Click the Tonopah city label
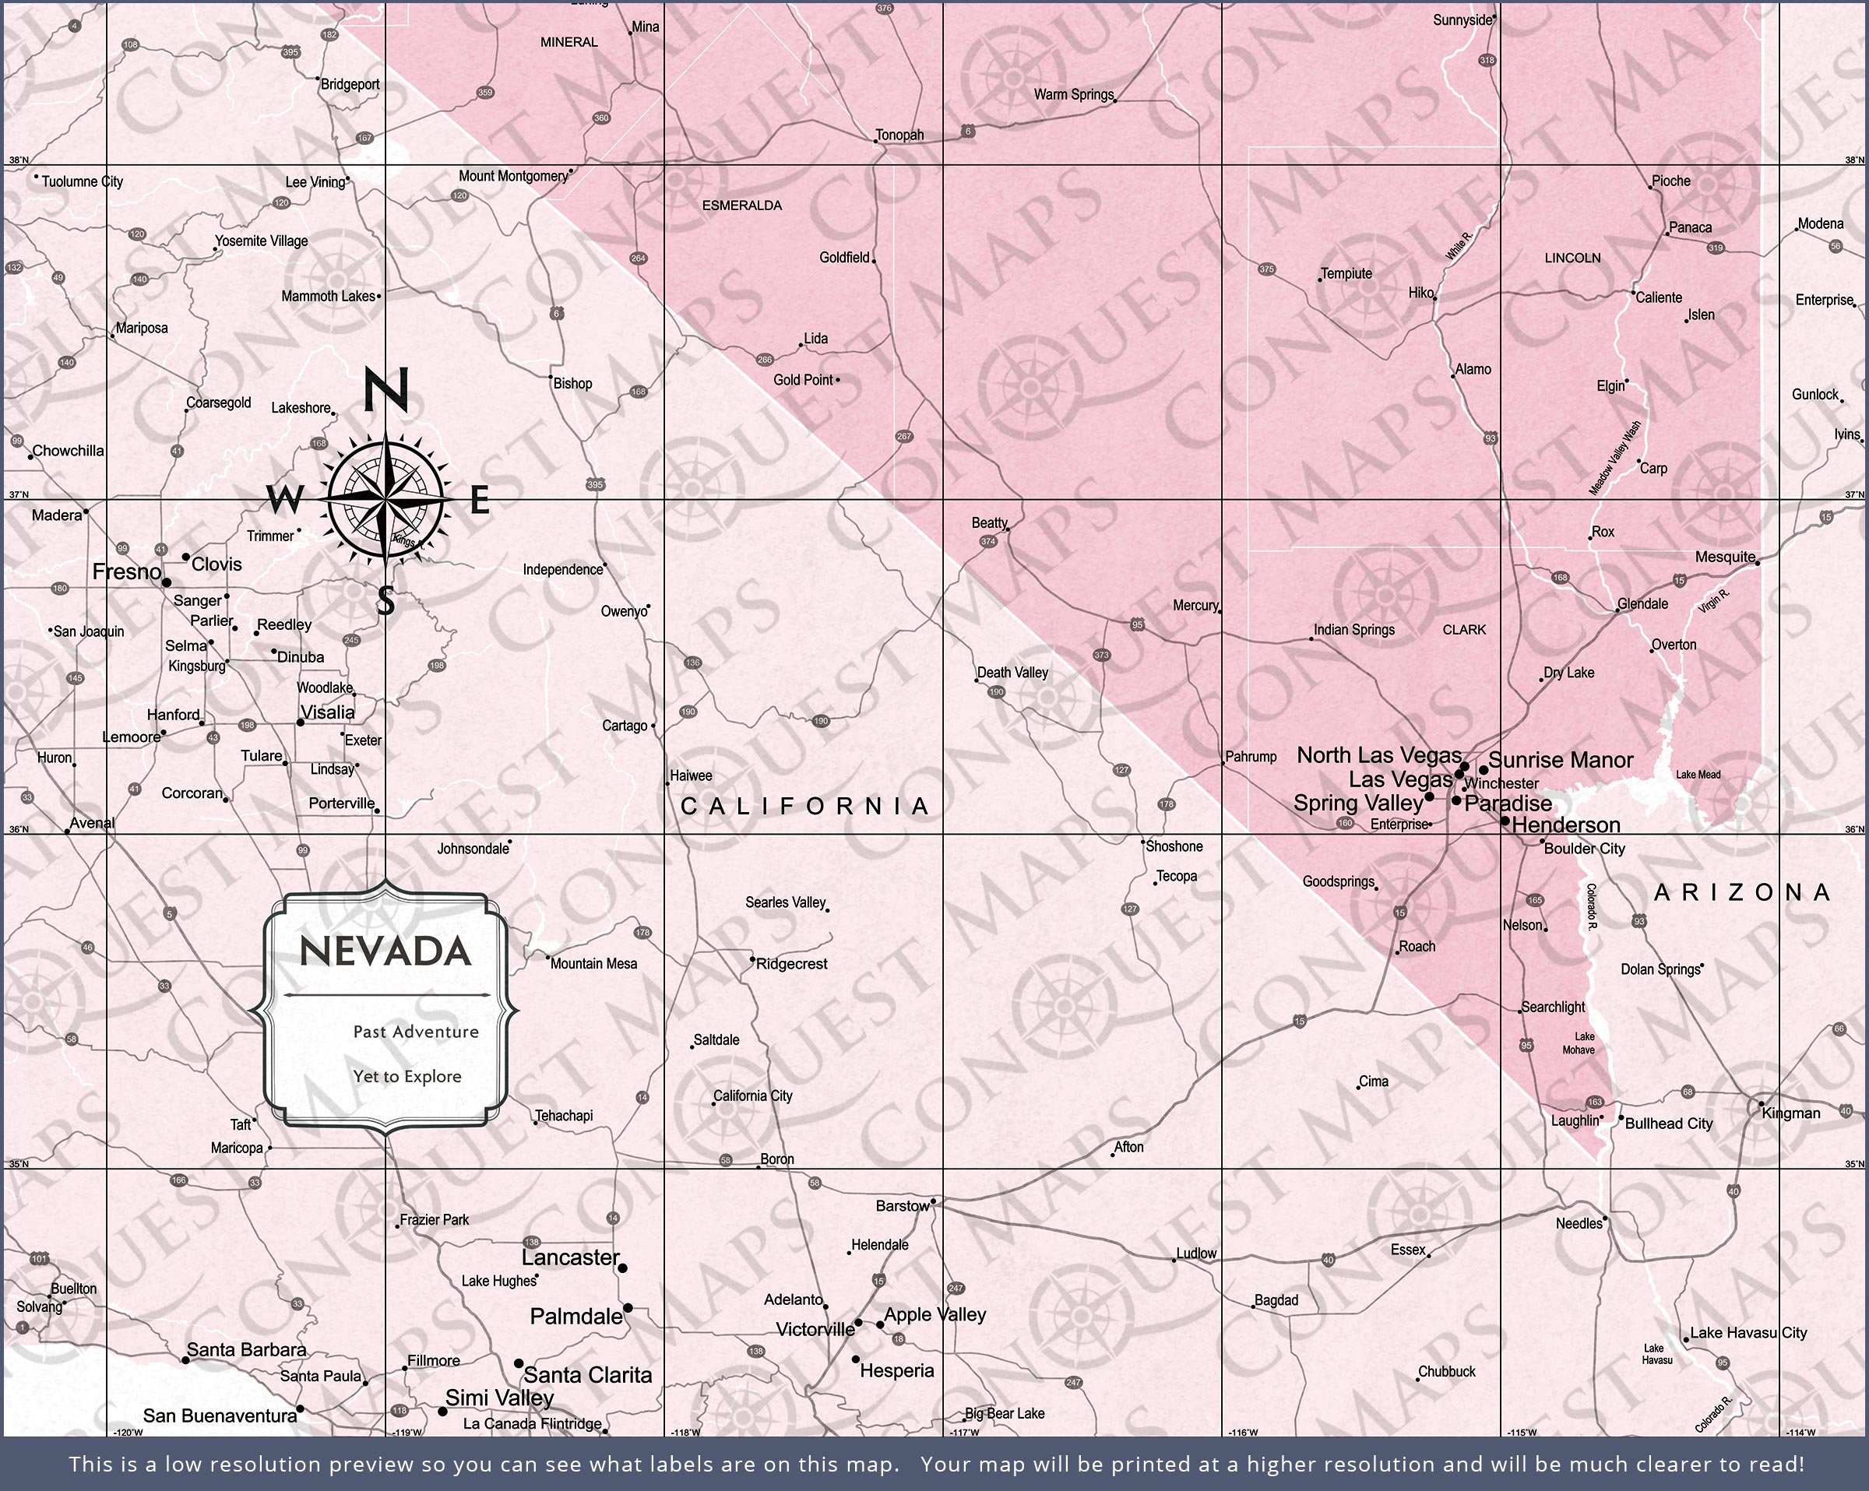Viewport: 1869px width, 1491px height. coord(899,135)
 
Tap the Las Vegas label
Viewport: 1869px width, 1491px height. coord(1399,779)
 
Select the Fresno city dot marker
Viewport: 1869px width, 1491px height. coord(167,582)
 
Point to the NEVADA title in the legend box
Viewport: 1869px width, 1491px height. coord(385,951)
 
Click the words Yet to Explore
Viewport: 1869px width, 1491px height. coord(407,1076)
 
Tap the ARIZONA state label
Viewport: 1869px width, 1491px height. coord(1742,892)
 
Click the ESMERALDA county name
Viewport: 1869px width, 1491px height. coord(741,206)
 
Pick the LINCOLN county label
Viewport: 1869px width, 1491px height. coord(1572,258)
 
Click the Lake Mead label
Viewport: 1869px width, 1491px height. coord(1698,774)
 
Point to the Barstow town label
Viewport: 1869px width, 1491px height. coord(902,1205)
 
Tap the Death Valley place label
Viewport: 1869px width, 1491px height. coord(1012,672)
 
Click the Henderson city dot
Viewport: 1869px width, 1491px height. coord(1505,820)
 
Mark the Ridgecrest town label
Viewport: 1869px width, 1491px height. coord(791,963)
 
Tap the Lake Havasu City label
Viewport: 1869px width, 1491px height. coord(1748,1332)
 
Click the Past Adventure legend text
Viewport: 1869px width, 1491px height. coord(415,1031)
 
